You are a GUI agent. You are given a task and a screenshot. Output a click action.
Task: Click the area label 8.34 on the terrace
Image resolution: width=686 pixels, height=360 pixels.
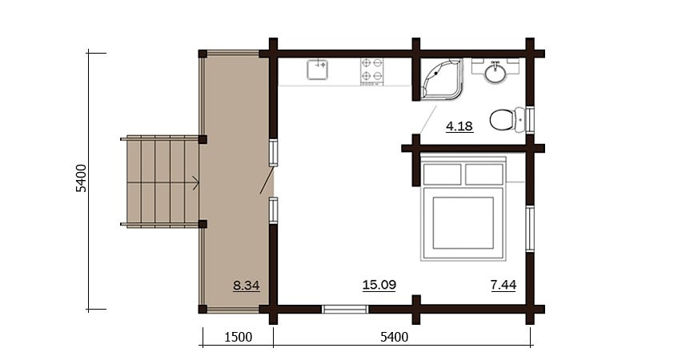[247, 286]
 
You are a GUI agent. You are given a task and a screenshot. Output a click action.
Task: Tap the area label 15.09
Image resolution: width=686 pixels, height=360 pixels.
[379, 285]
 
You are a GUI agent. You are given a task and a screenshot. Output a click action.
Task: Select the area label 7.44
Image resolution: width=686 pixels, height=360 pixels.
[503, 285]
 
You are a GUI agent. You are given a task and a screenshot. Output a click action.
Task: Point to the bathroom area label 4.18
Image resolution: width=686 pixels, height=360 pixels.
[459, 126]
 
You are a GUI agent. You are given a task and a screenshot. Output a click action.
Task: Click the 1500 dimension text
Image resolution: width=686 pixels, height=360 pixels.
[238, 338]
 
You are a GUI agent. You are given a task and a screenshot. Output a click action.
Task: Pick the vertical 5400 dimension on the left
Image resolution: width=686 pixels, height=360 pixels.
[82, 178]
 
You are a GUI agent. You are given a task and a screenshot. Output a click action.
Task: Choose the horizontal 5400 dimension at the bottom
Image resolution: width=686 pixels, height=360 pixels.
[394, 338]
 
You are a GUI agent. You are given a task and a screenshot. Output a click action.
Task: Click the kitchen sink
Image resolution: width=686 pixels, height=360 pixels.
[317, 70]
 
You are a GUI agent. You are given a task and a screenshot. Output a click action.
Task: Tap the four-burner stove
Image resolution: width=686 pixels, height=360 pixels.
[372, 71]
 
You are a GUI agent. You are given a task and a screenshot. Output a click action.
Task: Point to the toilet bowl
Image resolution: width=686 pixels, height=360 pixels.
[507, 119]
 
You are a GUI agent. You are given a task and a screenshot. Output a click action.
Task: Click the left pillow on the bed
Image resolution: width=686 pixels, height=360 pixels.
[443, 174]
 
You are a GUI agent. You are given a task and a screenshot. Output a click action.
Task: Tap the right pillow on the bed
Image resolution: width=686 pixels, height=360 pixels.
[483, 174]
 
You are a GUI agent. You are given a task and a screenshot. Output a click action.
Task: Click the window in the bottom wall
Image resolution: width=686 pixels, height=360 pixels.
[345, 310]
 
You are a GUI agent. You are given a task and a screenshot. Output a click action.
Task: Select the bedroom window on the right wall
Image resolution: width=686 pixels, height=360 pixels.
[530, 228]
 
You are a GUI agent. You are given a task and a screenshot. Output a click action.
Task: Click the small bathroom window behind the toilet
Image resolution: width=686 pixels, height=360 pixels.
[530, 120]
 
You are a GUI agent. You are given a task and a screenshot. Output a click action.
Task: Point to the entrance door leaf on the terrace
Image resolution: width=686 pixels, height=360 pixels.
[267, 180]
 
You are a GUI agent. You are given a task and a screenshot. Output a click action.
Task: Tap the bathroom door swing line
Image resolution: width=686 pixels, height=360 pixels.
[428, 119]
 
